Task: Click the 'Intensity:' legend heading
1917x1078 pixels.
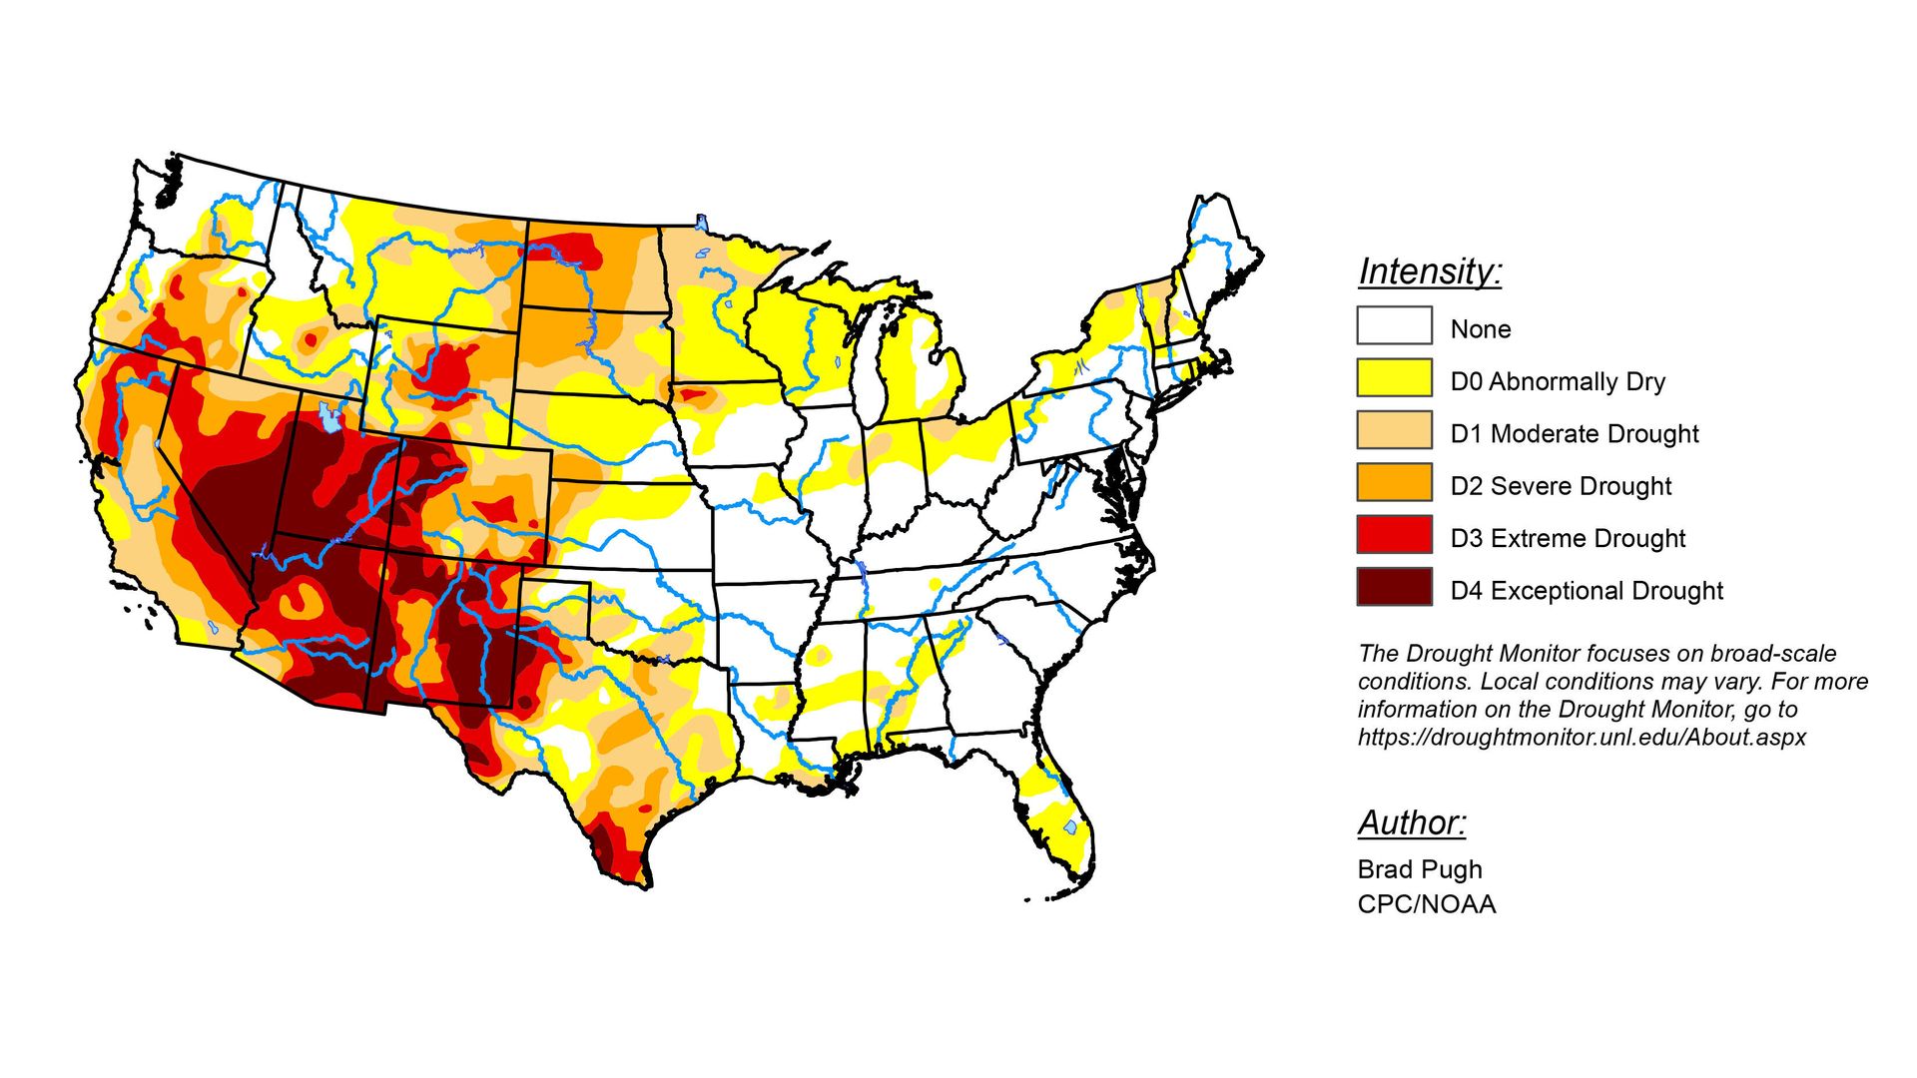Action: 1430,271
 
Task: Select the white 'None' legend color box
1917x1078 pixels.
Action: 1394,325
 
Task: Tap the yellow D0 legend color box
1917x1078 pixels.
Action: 1394,378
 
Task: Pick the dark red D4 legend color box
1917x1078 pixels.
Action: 1394,587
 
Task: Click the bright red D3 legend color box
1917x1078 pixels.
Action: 1394,535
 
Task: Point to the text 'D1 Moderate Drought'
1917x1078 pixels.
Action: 1574,434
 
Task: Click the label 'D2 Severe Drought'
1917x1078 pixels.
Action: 1560,486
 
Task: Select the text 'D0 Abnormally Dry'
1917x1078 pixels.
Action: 1557,382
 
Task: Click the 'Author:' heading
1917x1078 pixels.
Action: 1411,822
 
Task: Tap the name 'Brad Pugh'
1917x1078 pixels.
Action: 1419,869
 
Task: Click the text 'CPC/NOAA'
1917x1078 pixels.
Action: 1426,904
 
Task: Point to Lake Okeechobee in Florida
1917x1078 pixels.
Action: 1070,827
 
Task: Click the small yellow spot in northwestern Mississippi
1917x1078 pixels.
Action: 818,656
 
